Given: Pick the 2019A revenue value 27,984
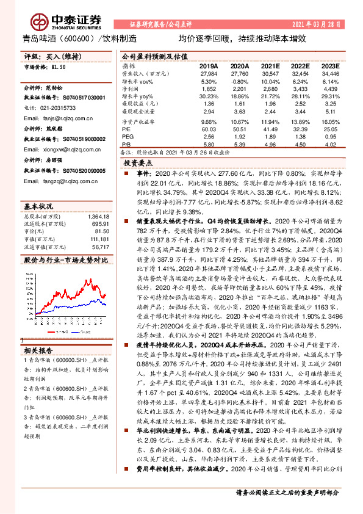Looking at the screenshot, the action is (209, 73).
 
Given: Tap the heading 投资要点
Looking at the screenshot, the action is (137, 164).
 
